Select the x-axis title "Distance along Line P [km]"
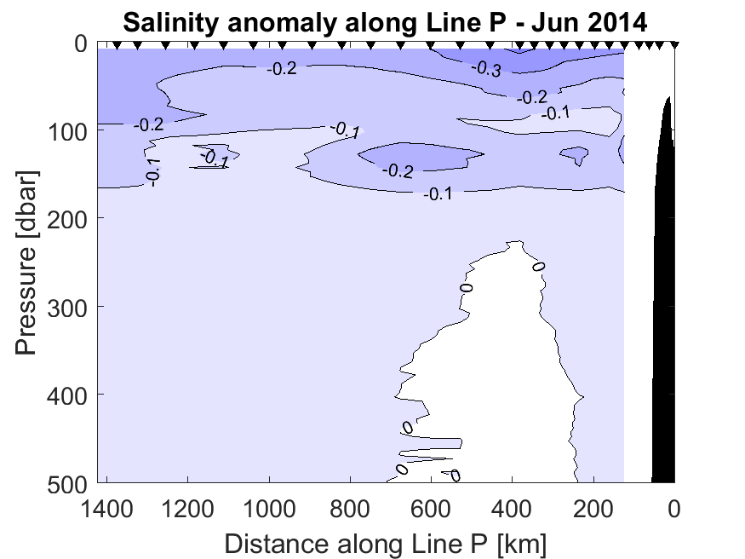click(x=385, y=543)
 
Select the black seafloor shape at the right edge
click(x=663, y=324)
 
